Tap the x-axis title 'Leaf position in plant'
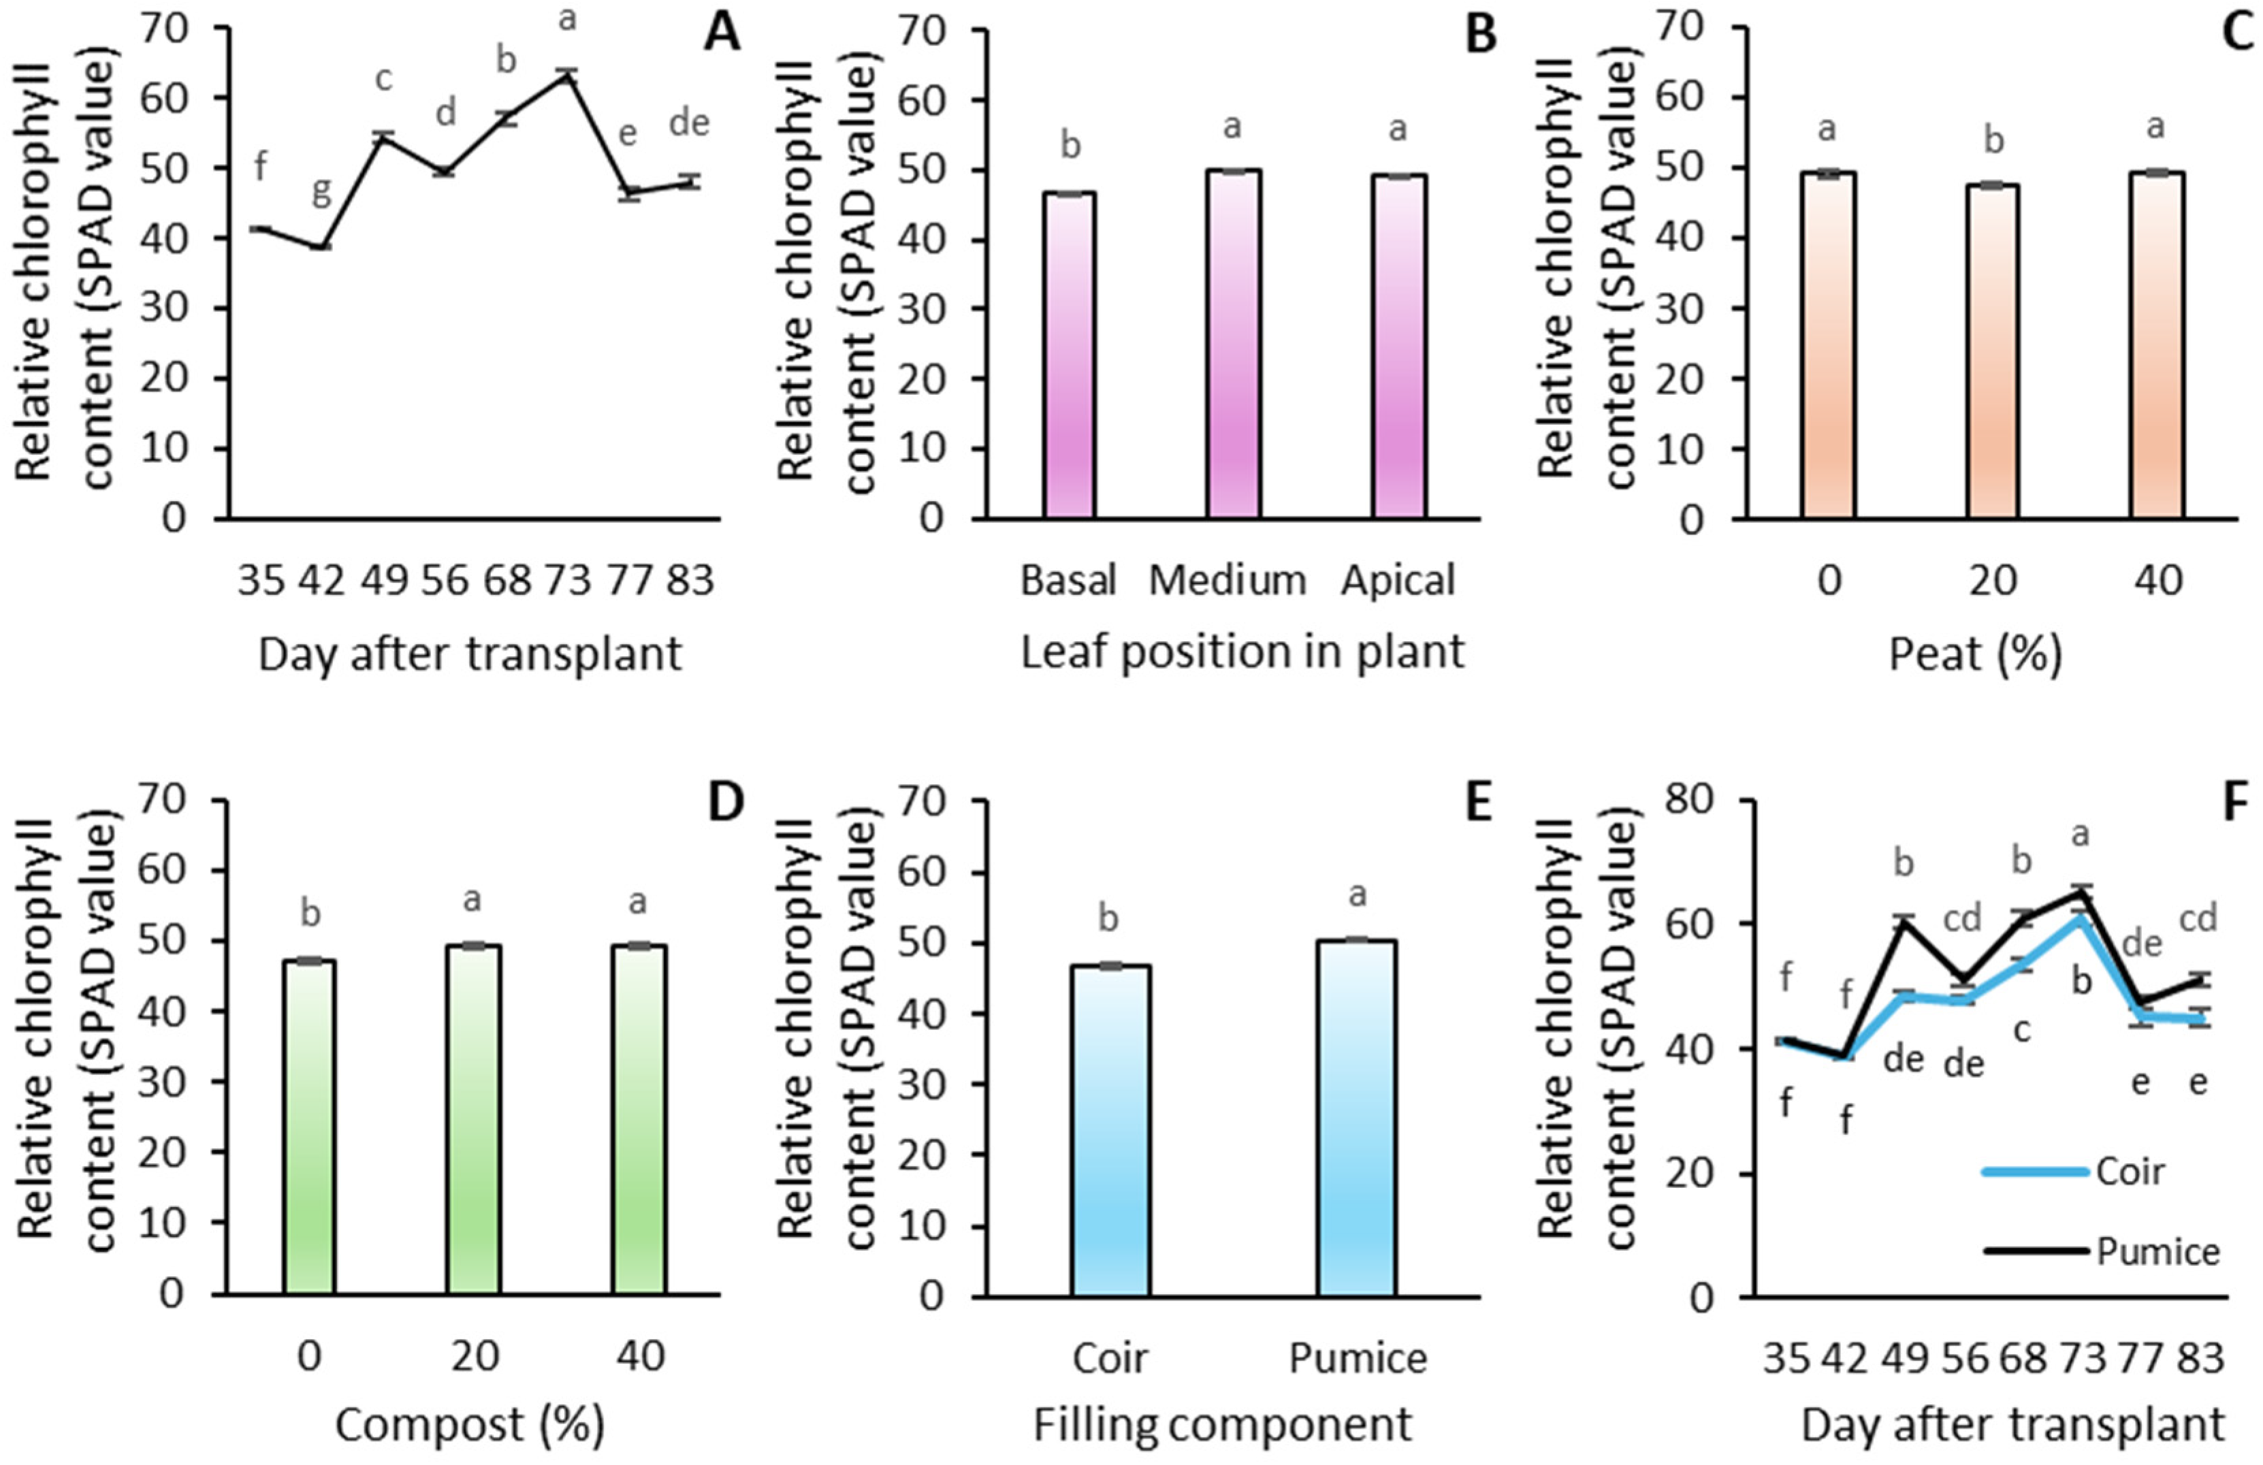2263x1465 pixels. [x=1242, y=653]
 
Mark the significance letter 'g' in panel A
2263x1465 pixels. [x=321, y=193]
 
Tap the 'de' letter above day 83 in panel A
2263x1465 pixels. [x=690, y=124]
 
